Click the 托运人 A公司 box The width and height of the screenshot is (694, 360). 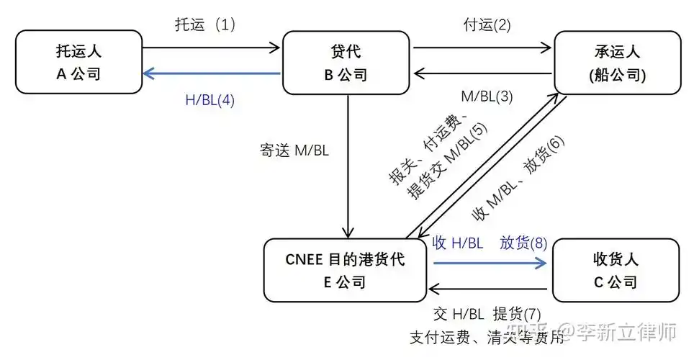click(78, 62)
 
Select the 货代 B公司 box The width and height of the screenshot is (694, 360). click(348, 62)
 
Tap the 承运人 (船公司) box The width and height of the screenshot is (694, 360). click(616, 62)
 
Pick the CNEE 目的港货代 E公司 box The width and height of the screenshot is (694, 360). click(345, 270)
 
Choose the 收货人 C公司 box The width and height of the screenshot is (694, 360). click(615, 270)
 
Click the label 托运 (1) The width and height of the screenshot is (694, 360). click(205, 24)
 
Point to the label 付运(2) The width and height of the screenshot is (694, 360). click(487, 24)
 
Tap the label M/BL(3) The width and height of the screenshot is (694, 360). click(486, 96)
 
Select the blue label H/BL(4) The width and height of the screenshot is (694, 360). click(210, 100)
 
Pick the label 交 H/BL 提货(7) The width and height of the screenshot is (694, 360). click(487, 314)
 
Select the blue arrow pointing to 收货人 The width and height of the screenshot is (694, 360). click(490, 264)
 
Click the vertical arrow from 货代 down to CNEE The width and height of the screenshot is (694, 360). click(348, 166)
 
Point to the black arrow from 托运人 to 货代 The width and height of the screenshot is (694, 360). click(212, 48)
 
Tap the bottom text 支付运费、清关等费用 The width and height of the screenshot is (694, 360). click(487, 337)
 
